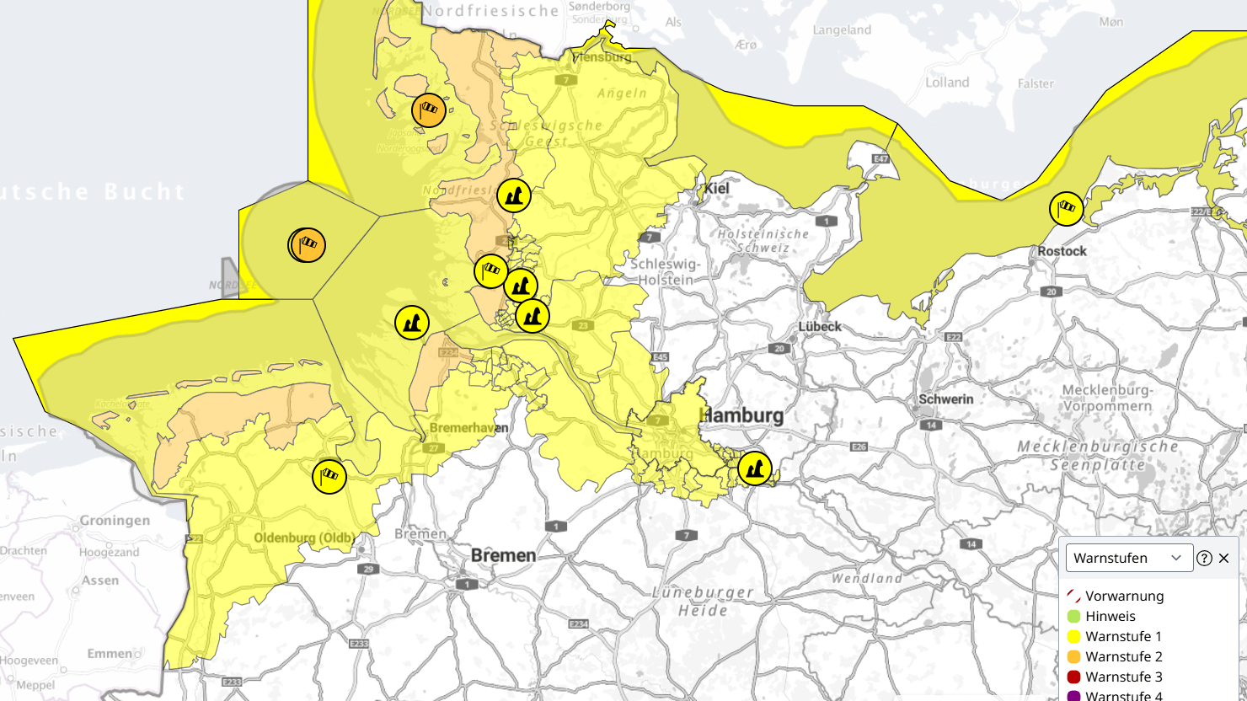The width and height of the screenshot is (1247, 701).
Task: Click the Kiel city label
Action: pos(717,188)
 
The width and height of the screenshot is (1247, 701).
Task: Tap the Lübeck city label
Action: pos(819,326)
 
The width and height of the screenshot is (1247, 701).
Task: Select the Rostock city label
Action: pos(1062,251)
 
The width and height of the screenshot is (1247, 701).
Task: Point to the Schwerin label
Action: pos(945,399)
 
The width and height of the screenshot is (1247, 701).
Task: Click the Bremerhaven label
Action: pos(468,428)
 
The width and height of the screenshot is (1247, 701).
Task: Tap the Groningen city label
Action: pos(115,521)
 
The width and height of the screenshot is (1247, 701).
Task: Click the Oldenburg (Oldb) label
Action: pos(304,538)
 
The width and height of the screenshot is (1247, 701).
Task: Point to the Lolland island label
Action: pos(947,83)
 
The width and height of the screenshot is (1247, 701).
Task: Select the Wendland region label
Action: pos(866,578)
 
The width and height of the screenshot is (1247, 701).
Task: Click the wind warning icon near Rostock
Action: pos(1067,208)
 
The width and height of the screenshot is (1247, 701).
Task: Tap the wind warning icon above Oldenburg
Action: pos(329,477)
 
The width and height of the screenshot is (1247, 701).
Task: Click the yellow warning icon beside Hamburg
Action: pos(755,468)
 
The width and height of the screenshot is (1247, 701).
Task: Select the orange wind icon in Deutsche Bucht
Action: pos(308,245)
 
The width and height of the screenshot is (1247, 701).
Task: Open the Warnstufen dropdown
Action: pos(1129,558)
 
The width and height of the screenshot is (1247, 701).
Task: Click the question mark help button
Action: pos(1204,558)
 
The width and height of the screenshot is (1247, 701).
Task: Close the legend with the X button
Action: pos(1224,558)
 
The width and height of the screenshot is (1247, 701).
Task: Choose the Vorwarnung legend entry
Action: pos(1124,596)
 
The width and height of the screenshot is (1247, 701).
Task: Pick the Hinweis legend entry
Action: pos(1110,616)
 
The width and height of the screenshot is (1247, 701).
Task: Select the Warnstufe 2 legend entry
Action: pos(1123,656)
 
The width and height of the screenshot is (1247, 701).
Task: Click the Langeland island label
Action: pos(842,30)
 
